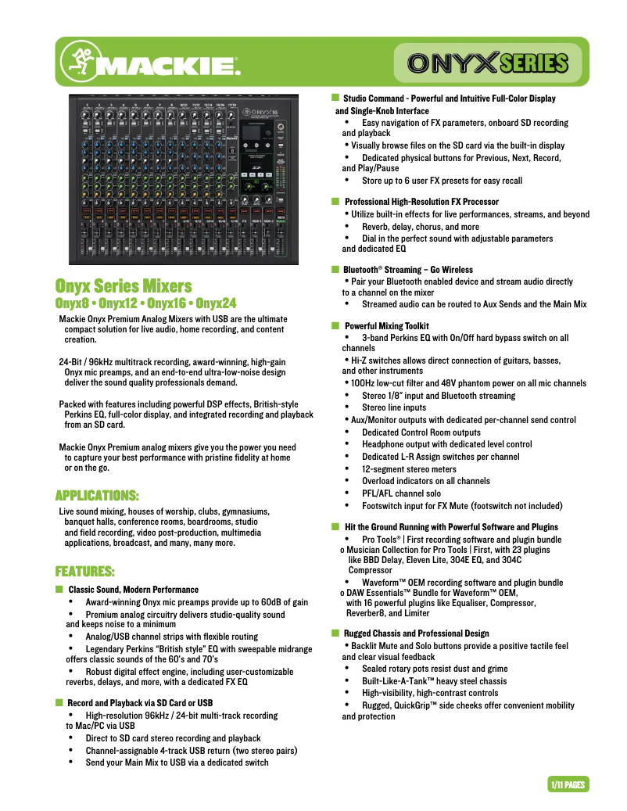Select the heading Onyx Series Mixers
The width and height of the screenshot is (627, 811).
pos(123,286)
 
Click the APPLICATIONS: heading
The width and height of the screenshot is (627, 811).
pos(97,496)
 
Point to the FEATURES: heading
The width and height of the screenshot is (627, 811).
pos(84,571)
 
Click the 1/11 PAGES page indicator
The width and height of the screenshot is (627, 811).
pos(567,784)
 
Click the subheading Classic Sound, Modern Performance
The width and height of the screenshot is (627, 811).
pos(134,590)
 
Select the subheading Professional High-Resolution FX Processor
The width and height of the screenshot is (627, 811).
pos(421,202)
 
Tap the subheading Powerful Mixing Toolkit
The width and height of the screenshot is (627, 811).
pos(386,326)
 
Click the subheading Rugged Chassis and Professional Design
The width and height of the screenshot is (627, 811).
pos(417,633)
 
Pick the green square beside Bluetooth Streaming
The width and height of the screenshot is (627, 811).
pos(334,270)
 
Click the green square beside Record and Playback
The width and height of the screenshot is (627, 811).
pos(59,703)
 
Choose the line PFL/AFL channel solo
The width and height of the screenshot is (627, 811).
pos(401,493)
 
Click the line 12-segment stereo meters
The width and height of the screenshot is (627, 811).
pos(409,469)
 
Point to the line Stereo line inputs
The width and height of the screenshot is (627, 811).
pos(394,407)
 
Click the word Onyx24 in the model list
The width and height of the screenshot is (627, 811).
pos(217,303)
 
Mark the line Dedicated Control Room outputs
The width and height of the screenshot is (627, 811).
pos(421,432)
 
